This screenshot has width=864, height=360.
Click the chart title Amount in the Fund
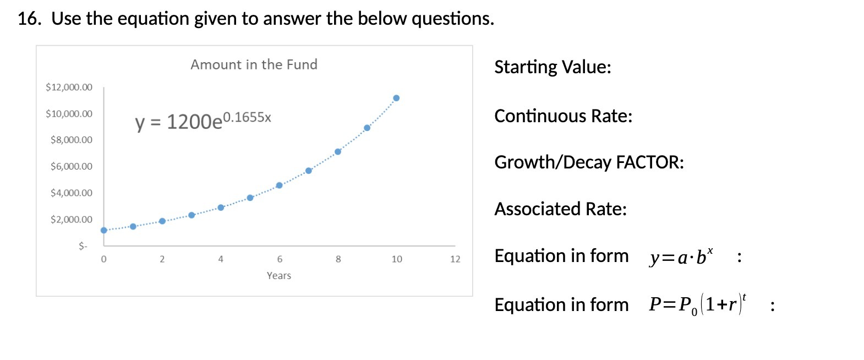(254, 65)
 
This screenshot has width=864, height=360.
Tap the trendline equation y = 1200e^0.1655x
(203, 121)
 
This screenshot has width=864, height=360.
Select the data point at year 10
(396, 98)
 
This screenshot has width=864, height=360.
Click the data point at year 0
(104, 230)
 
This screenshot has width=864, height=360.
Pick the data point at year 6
(279, 186)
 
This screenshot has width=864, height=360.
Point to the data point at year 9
(367, 128)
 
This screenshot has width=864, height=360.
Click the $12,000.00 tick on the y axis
(69, 87)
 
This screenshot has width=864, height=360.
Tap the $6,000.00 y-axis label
(72, 166)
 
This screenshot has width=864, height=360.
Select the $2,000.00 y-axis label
(72, 219)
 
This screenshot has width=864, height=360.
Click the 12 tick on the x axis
(455, 259)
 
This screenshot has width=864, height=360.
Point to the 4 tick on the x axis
(221, 259)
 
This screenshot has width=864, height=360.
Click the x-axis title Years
(279, 275)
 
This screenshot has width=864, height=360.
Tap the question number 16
(29, 19)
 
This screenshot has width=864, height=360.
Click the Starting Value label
(553, 67)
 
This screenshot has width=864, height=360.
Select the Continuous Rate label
(563, 116)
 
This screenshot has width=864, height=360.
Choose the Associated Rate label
(560, 209)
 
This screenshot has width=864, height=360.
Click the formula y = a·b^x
(681, 257)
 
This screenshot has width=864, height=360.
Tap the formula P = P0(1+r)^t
(697, 304)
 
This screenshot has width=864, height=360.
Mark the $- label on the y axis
(83, 246)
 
